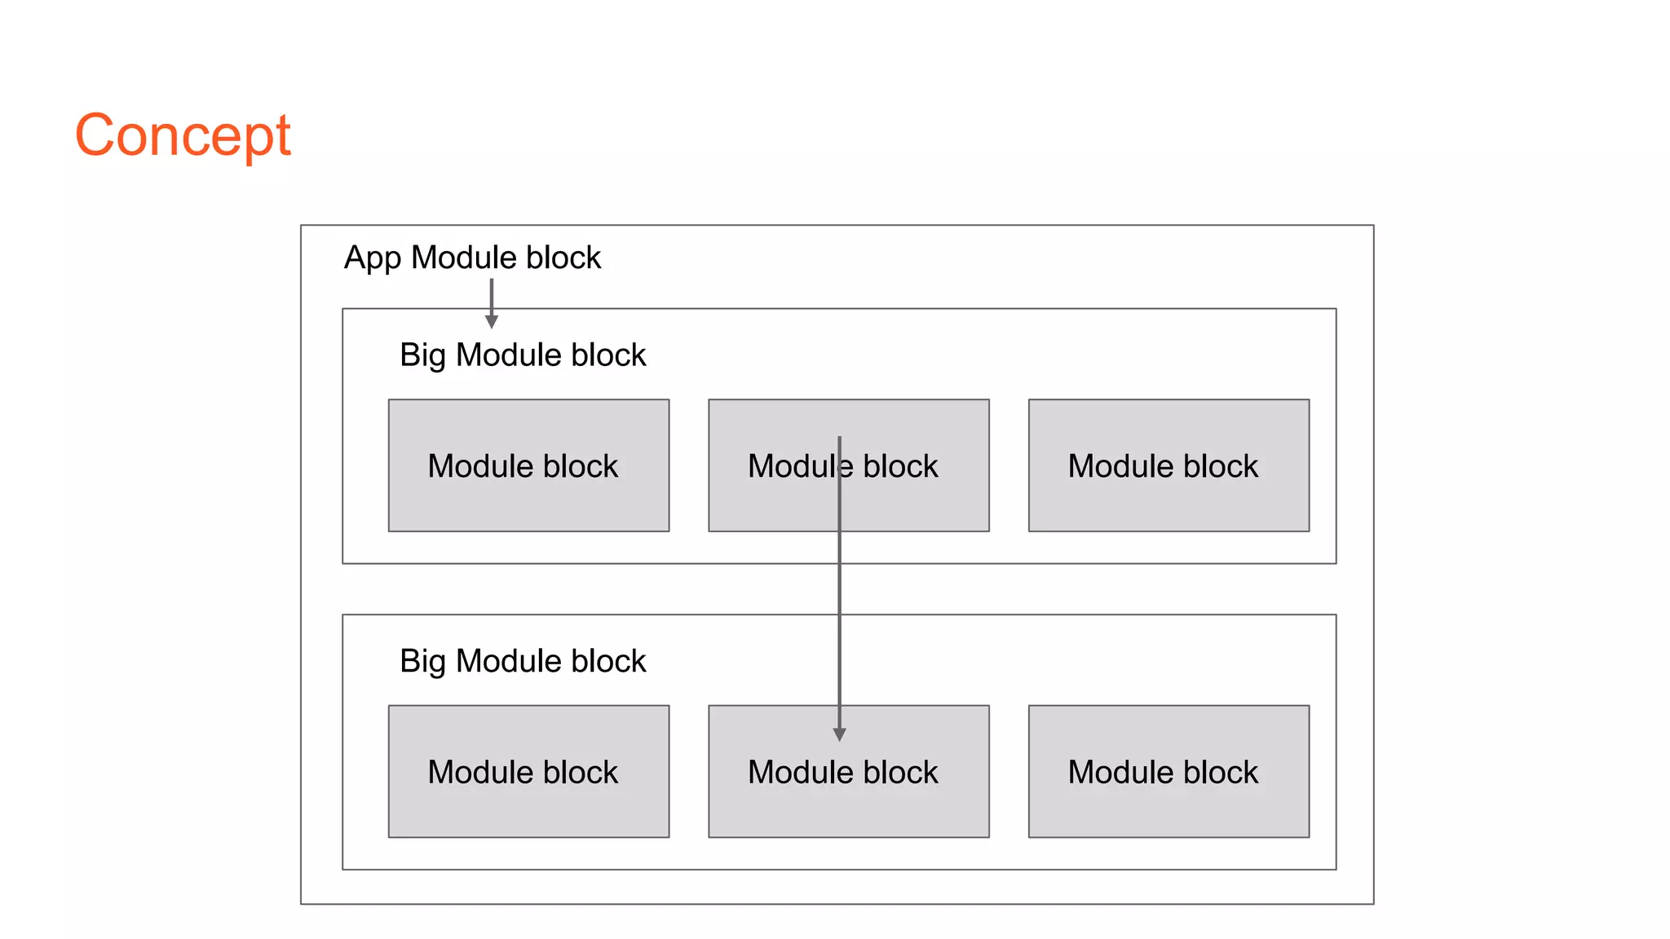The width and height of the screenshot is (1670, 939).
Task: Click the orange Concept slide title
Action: coord(183,135)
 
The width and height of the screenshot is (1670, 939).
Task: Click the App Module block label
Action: coord(472,258)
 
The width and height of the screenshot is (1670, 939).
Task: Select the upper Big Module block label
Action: coord(522,355)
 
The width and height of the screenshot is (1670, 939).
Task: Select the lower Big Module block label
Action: coord(522,661)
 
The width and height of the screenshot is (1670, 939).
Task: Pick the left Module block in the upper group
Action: coord(528,465)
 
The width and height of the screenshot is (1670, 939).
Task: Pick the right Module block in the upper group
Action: coord(1169,465)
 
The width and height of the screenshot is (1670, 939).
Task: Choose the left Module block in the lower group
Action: coord(528,771)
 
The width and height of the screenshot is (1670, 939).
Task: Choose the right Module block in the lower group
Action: coord(1169,771)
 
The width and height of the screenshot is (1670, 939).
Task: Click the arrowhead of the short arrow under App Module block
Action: coord(492,322)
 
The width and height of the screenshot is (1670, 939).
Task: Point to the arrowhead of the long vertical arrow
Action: coord(839,734)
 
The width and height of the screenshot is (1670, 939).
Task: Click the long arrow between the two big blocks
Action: coord(839,589)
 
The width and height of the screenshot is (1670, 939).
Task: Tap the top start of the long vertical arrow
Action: coord(839,439)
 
